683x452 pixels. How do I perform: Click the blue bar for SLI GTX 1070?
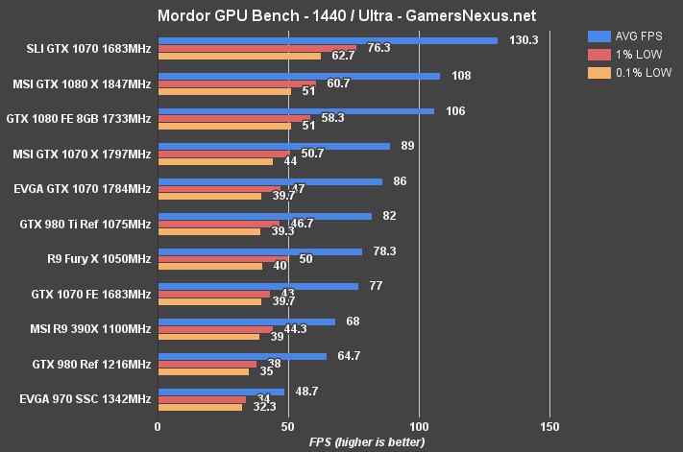tap(328, 40)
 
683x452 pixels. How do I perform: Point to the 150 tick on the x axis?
tap(549, 425)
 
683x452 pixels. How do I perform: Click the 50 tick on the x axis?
tap(288, 425)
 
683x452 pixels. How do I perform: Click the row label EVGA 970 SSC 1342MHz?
tap(85, 398)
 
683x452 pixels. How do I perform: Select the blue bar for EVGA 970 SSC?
tap(221, 392)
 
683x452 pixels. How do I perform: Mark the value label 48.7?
tap(305, 392)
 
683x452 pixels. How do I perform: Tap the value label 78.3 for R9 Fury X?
tap(383, 251)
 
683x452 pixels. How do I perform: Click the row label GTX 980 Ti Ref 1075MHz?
tap(85, 225)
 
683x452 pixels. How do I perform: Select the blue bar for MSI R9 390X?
tap(246, 321)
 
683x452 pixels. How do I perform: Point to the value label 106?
tap(455, 110)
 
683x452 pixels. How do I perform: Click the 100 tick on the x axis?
tap(419, 425)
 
